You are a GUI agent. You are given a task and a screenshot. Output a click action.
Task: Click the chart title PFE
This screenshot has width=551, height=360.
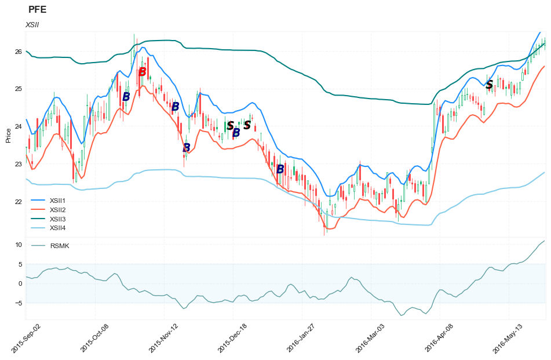(x=37, y=9)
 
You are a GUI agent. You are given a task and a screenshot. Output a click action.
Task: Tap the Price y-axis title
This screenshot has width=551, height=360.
(x=8, y=135)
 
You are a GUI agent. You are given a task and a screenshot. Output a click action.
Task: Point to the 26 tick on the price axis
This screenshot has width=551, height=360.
(x=18, y=52)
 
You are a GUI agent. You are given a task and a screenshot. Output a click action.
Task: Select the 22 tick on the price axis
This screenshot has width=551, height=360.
(x=18, y=202)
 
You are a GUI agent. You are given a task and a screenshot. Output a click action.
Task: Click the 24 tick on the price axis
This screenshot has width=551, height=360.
(x=18, y=127)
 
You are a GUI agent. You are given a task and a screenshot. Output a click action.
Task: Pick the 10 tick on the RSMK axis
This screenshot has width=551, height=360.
(x=19, y=245)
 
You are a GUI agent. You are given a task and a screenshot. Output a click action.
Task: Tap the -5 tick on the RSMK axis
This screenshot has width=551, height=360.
(x=18, y=303)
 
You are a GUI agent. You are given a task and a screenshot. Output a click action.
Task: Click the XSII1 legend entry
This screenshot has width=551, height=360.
(x=57, y=200)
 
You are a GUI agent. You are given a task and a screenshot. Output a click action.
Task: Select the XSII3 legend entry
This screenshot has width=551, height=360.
(x=57, y=219)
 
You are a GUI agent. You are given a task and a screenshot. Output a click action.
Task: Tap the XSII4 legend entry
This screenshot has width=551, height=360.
(x=57, y=228)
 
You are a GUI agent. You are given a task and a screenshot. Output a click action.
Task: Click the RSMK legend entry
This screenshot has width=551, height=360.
(x=59, y=246)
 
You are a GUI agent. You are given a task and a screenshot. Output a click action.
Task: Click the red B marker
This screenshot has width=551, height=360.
(x=142, y=72)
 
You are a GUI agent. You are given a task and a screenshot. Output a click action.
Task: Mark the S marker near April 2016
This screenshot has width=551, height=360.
(x=489, y=85)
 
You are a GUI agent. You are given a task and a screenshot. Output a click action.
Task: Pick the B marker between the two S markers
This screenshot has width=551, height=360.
(x=236, y=133)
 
